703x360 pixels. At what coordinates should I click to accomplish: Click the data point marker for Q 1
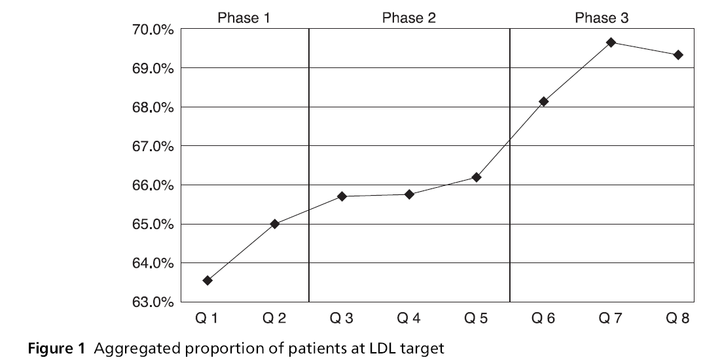point(207,280)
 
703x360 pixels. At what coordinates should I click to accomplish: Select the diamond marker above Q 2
point(275,224)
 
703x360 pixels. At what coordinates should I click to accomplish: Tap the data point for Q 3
point(342,196)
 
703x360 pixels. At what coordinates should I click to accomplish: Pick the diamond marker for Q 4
point(409,194)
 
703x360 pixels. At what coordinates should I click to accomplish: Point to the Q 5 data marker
point(477,177)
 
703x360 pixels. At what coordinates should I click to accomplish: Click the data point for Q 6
point(543,101)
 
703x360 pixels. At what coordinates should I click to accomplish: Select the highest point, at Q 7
point(611,43)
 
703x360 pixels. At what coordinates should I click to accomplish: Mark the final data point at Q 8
point(678,55)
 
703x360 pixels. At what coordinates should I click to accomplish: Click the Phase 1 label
point(243,18)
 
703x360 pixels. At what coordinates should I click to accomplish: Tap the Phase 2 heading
point(408,18)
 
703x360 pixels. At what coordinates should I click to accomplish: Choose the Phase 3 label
point(601,18)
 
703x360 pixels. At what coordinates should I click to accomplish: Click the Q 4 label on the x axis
point(409,319)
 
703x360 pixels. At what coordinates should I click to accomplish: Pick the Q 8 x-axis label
point(678,319)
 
